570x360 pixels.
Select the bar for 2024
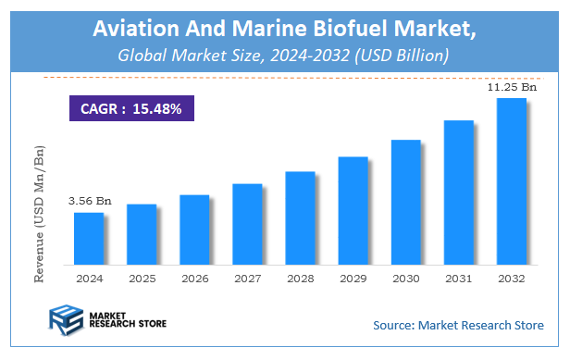click(89, 237)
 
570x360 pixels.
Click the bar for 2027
click(247, 223)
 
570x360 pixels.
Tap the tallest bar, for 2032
click(512, 180)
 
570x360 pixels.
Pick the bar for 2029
click(353, 209)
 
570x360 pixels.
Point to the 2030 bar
click(406, 201)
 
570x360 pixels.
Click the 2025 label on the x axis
click(142, 278)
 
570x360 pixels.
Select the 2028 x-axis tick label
click(300, 278)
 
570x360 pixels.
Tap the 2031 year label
click(459, 278)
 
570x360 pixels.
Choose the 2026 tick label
click(194, 278)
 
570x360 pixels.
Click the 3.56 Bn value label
click(89, 200)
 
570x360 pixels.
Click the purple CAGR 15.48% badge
click(131, 108)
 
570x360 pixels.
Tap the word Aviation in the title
click(136, 29)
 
